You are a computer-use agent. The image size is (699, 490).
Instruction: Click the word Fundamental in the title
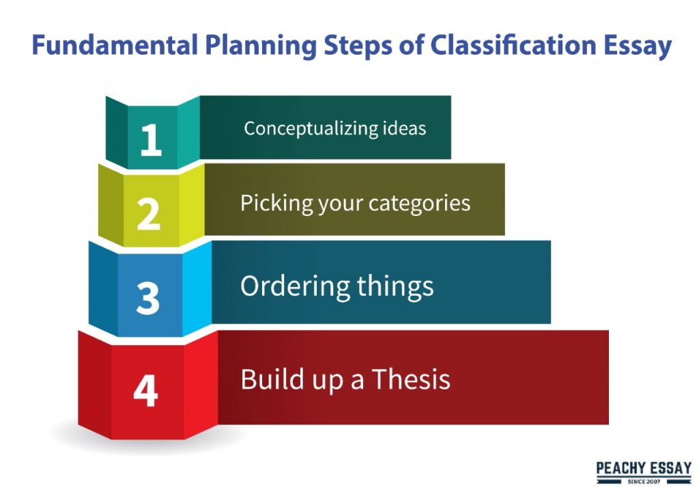115,45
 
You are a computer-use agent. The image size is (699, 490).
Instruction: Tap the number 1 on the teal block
151,139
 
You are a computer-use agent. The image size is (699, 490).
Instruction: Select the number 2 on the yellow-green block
148,214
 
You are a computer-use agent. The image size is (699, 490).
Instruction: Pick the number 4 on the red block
146,390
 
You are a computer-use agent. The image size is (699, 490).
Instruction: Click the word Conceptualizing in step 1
304,128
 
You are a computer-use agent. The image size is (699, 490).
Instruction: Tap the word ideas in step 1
398,128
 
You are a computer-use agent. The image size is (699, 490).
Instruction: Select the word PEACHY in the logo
618,468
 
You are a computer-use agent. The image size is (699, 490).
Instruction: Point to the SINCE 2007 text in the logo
644,482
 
